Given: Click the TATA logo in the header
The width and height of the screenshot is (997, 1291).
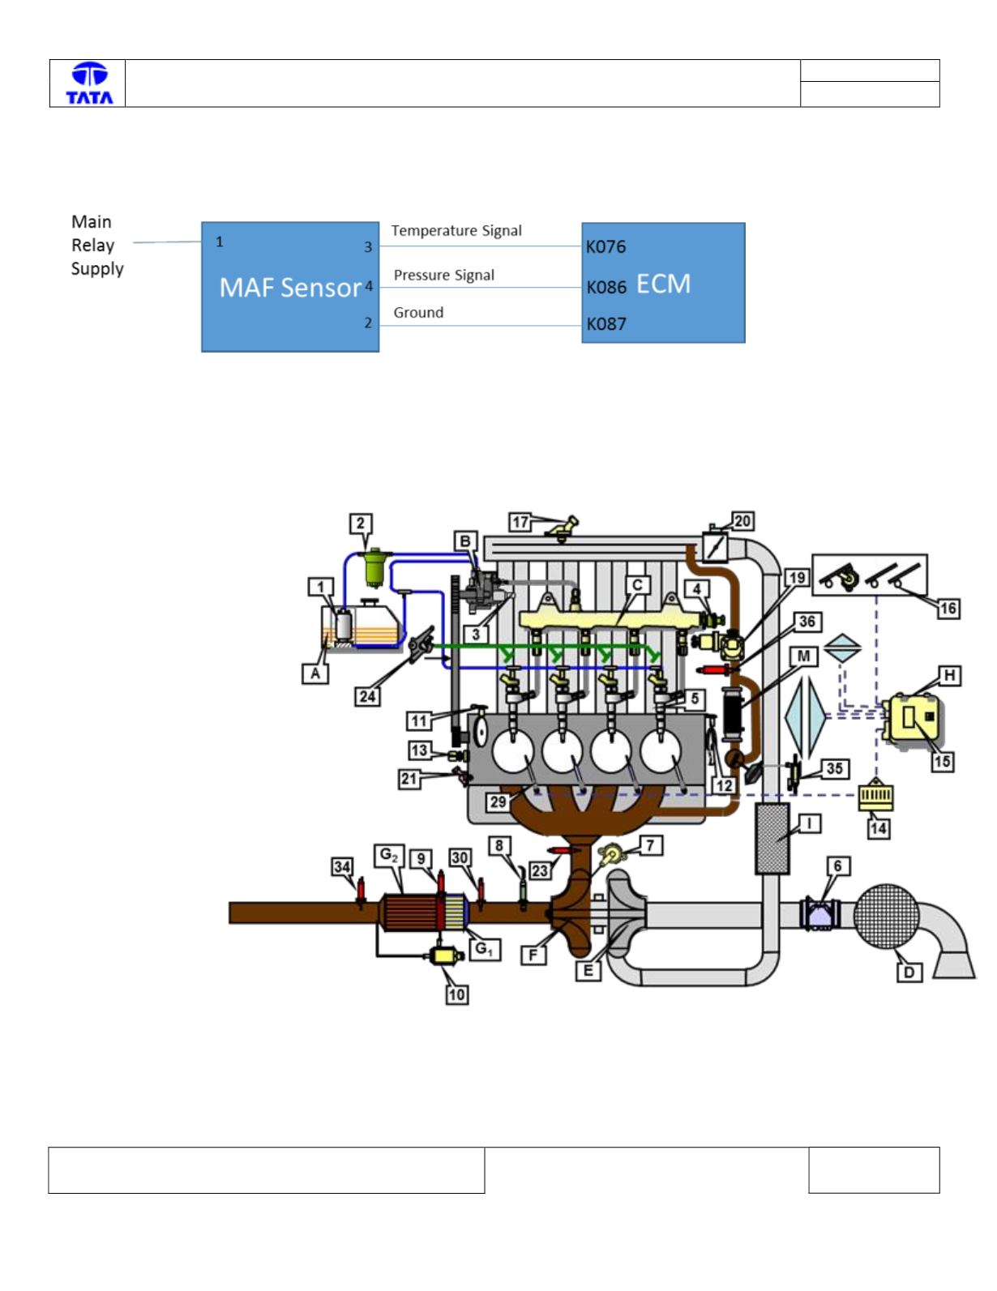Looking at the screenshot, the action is pos(89,83).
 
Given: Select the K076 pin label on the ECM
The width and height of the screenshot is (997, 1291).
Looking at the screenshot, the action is pos(605,246).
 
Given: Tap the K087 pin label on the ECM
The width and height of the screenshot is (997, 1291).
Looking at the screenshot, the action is pos(606,324).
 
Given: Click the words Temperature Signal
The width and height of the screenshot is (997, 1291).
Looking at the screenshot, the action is pos(456,230).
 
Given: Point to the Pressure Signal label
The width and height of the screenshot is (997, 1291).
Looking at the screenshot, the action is pos(444,275).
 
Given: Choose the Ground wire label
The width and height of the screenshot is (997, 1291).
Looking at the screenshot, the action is pos(418,313).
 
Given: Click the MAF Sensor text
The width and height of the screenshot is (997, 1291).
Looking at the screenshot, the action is pos(290,288).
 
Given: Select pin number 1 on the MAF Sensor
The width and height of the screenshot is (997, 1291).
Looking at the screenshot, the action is pos(219,242).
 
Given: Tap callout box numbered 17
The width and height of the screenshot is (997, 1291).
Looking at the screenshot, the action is pos(520,522).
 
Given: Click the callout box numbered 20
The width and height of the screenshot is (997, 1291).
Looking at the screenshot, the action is pos(742,521).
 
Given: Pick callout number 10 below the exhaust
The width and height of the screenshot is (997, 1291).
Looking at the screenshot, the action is pos(457,994).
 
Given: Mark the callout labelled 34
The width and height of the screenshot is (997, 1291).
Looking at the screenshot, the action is pos(342,867).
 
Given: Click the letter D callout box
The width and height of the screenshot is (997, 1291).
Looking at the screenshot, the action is pos(909,973).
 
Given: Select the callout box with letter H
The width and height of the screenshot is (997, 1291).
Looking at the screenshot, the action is pos(949,676).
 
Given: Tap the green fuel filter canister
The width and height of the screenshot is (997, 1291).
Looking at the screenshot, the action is pos(375,566).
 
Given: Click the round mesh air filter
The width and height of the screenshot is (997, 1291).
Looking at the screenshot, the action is pos(886,916).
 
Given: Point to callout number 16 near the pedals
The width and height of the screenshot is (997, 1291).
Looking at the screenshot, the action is pos(948,608).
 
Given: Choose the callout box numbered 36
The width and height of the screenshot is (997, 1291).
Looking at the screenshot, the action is pos(807,622).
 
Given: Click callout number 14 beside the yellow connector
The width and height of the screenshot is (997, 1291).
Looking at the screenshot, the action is pos(879,829).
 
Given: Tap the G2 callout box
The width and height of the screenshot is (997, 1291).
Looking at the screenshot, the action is pos(389,856).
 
